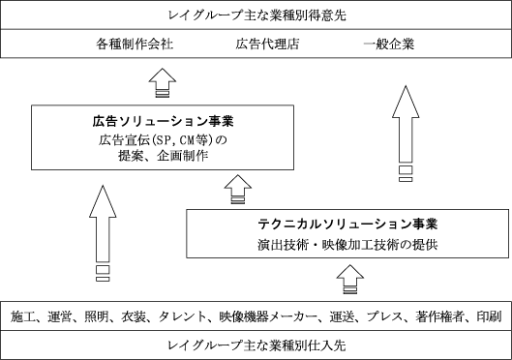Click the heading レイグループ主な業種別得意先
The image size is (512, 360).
257,15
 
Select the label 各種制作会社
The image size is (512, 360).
135,45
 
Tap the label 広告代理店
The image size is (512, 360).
267,45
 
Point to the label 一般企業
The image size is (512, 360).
389,45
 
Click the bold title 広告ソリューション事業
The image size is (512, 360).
163,121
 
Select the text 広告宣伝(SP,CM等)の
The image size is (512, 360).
163,140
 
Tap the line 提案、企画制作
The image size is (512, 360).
163,156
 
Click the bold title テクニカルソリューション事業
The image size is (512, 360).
347,224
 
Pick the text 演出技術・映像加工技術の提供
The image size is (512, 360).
347,245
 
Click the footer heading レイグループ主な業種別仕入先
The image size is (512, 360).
256,345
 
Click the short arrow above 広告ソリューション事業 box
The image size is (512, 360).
163,82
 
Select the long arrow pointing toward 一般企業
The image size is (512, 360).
406,134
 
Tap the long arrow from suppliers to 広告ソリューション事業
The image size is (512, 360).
103,233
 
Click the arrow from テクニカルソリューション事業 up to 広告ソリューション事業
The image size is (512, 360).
238,190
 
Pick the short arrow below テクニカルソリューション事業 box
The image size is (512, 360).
350,279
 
